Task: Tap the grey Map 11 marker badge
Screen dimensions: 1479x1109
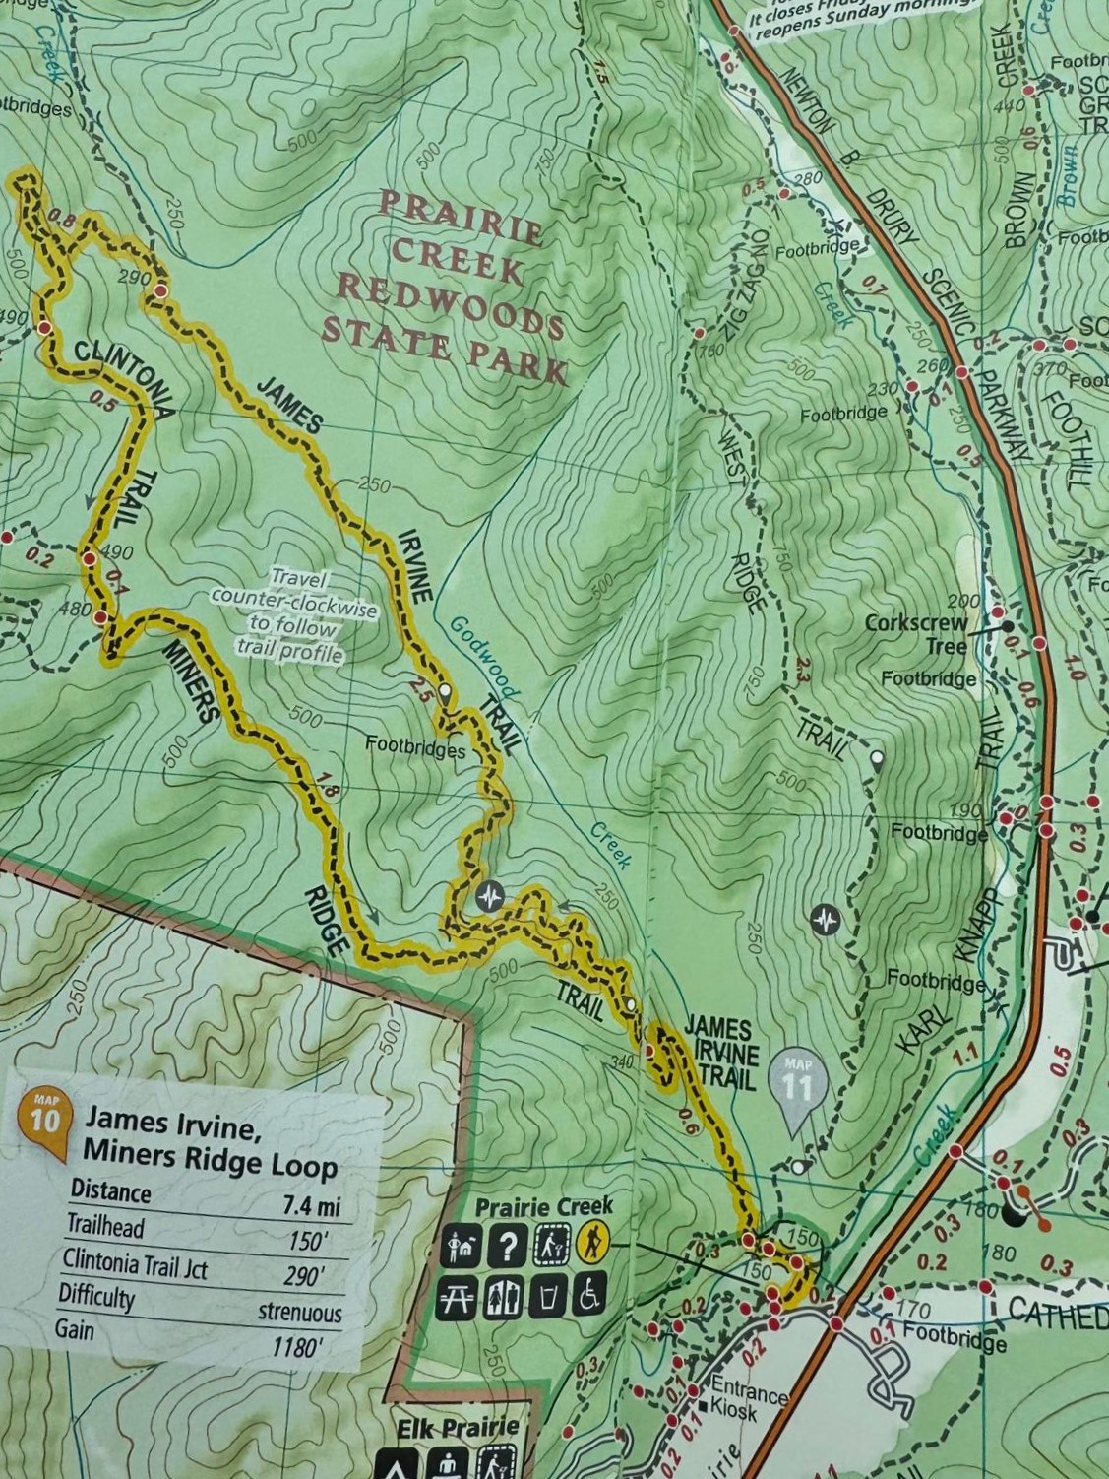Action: point(798,1083)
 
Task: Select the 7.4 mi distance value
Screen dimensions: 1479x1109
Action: point(311,1203)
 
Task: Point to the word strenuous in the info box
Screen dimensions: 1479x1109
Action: point(300,1312)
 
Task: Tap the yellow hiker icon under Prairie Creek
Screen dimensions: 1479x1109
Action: point(592,1244)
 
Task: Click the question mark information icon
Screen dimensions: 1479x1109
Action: point(507,1246)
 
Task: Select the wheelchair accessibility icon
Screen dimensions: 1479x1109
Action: point(589,1297)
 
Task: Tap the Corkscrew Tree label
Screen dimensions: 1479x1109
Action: point(915,634)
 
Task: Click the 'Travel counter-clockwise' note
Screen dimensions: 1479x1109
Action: point(293,615)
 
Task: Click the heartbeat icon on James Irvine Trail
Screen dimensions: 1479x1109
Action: point(489,896)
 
